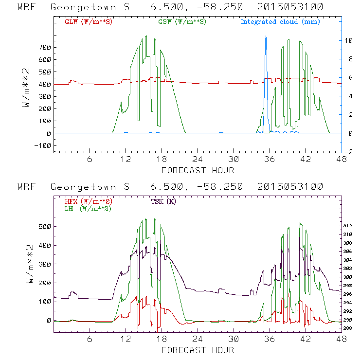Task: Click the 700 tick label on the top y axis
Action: tap(46, 47)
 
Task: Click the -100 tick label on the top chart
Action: tap(44, 145)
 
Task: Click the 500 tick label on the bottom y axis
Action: tap(46, 227)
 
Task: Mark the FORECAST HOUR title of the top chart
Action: tap(198, 170)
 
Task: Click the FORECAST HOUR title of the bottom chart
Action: tap(198, 350)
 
